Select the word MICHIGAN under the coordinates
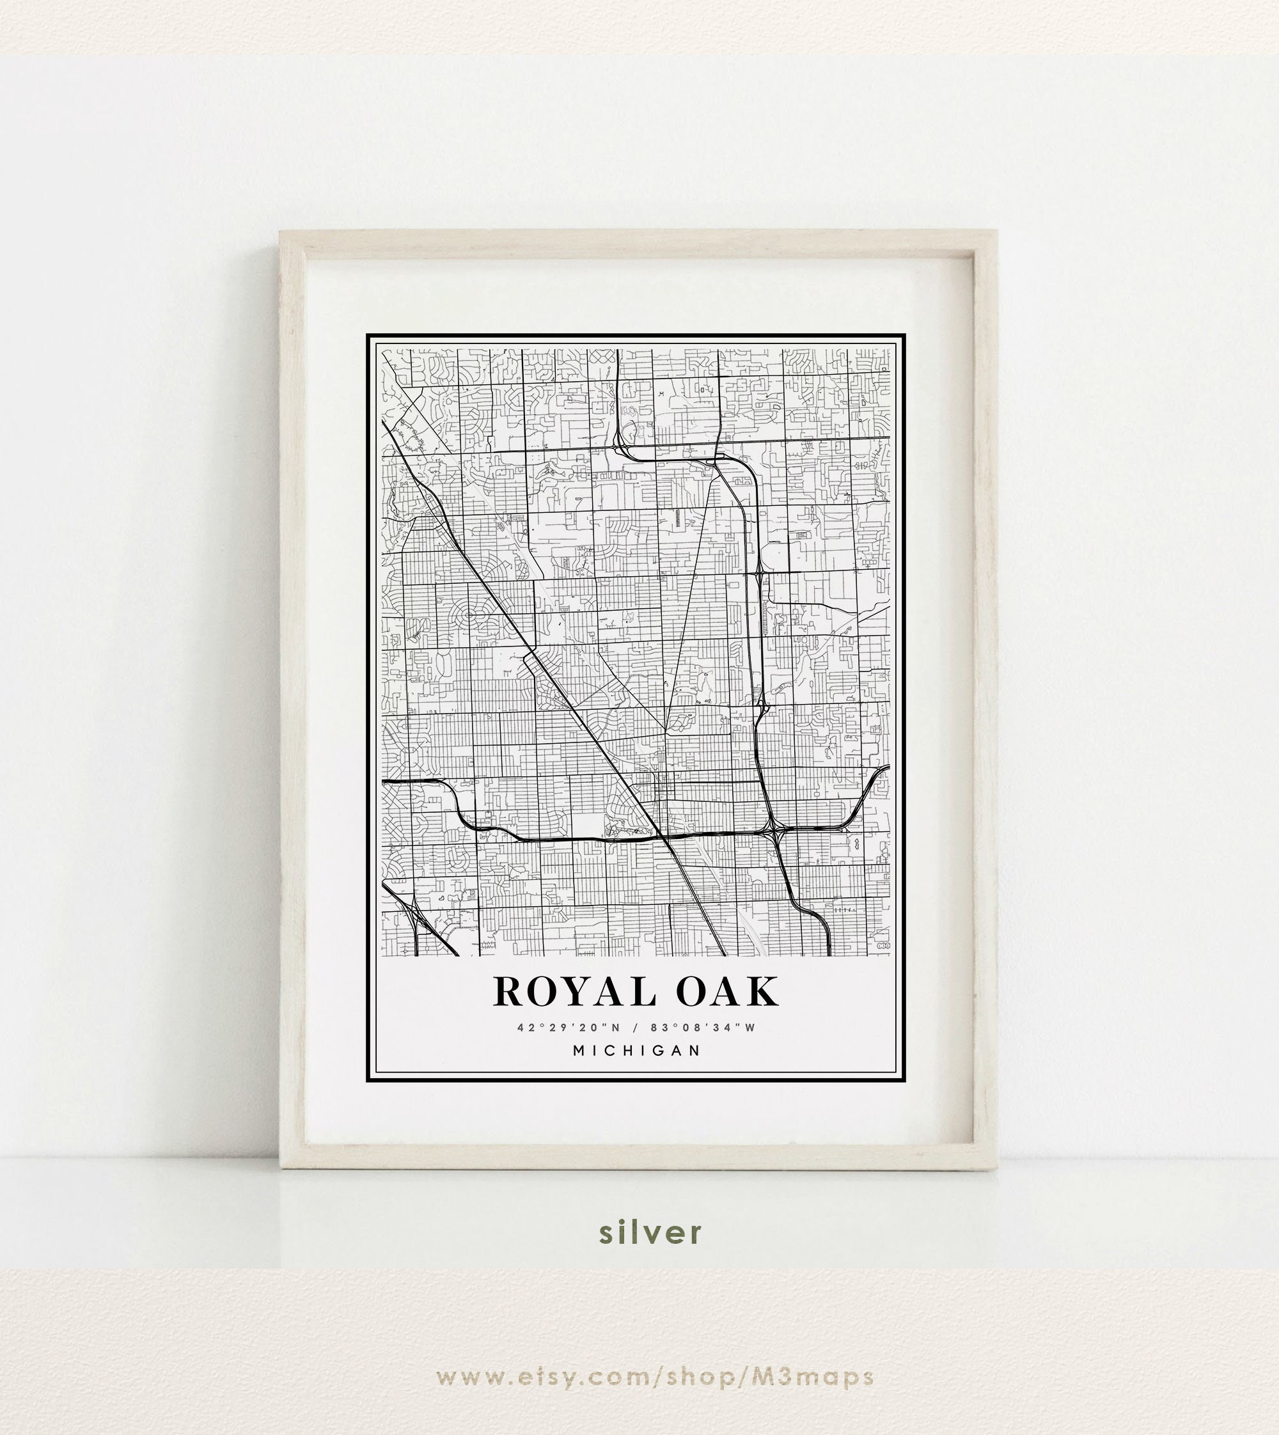tap(637, 1051)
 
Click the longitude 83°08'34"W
tap(703, 1028)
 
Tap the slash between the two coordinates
tap(635, 1028)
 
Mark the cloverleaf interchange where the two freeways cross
tap(774, 832)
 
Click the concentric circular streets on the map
tap(469, 616)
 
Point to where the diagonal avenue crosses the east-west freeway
tap(666, 838)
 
